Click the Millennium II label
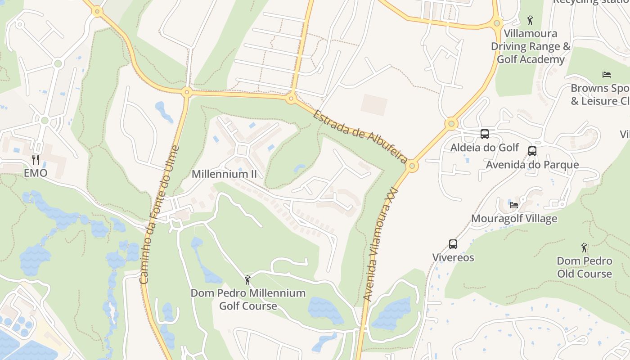coord(224,174)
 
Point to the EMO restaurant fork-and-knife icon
coord(36,159)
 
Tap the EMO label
coord(36,173)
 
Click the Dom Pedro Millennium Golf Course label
coord(248,299)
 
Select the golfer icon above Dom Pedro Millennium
coord(247,280)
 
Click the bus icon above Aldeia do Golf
coord(485,134)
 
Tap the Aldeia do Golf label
coord(485,148)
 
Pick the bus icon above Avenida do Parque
coord(532,151)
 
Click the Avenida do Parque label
coord(532,165)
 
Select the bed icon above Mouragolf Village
coord(514,205)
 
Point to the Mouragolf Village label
coord(514,219)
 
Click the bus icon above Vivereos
coord(453,244)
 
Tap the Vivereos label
coord(453,258)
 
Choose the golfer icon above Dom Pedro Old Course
coord(585,247)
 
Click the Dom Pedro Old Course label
coord(585,267)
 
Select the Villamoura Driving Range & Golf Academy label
coord(531,46)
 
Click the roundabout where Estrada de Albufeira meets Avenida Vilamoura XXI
coord(412,166)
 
